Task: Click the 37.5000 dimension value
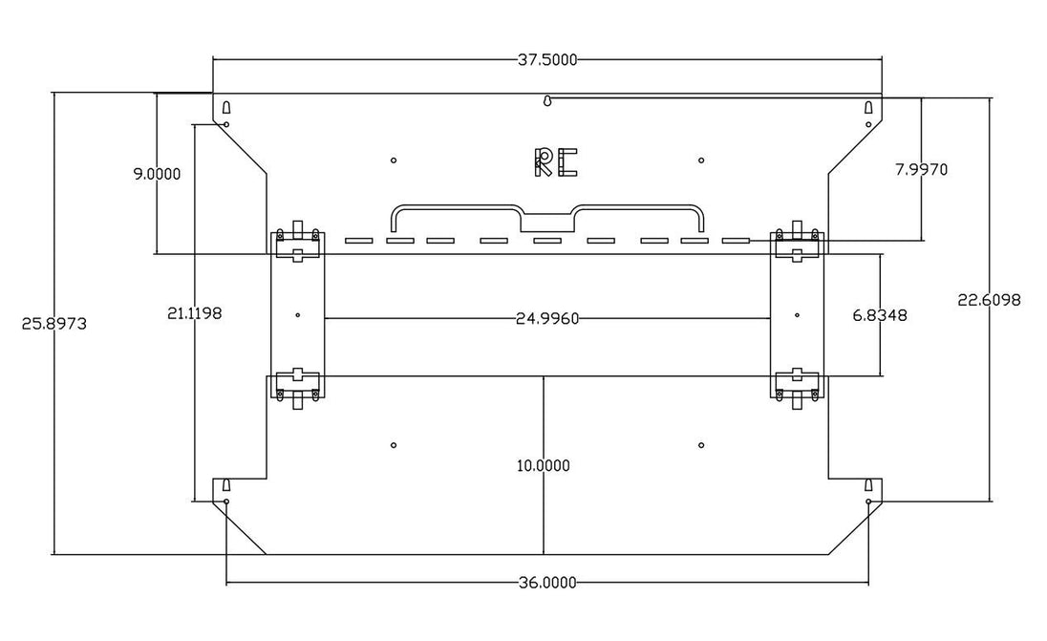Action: pyautogui.click(x=546, y=60)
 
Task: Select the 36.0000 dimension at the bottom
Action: pyautogui.click(x=546, y=583)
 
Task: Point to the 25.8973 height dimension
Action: pyautogui.click(x=54, y=324)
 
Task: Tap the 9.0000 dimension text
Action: pyautogui.click(x=157, y=174)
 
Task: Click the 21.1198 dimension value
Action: pyautogui.click(x=194, y=313)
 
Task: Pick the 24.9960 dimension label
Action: pyautogui.click(x=546, y=319)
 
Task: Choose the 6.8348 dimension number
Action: pyautogui.click(x=880, y=315)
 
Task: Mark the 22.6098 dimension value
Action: pyautogui.click(x=989, y=301)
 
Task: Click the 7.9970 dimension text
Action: pyautogui.click(x=922, y=170)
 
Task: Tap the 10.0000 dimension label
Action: pyautogui.click(x=544, y=466)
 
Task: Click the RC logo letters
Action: pyautogui.click(x=556, y=162)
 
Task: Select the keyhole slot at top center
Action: pyautogui.click(x=547, y=101)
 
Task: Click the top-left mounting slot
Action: pyautogui.click(x=226, y=107)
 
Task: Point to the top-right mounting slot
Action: pyautogui.click(x=868, y=107)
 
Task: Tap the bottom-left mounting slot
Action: pyautogui.click(x=226, y=484)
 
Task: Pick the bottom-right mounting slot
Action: pyautogui.click(x=868, y=484)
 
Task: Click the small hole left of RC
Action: pyautogui.click(x=394, y=160)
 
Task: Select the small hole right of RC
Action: pyautogui.click(x=700, y=160)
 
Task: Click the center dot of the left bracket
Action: pyautogui.click(x=297, y=315)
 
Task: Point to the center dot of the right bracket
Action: pyautogui.click(x=798, y=315)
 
